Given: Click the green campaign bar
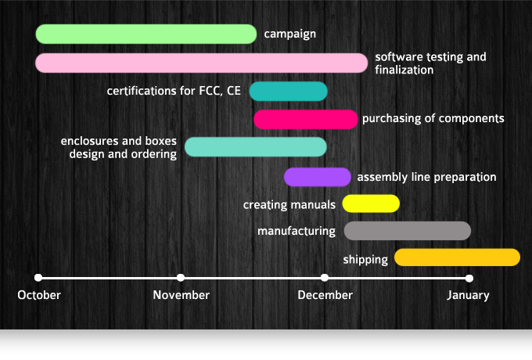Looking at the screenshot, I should click(146, 34).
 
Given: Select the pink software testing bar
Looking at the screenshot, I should click(201, 63).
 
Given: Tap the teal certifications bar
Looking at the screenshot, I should click(288, 91).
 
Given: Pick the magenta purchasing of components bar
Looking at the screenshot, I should click(306, 119).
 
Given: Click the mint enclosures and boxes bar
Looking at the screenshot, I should click(255, 146).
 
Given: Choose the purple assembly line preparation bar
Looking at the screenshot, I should click(317, 177).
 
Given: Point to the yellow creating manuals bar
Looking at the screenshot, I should click(371, 203).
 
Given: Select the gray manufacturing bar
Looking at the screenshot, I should click(407, 231).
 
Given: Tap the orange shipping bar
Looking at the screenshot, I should click(457, 257).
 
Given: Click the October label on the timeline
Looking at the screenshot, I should click(39, 295).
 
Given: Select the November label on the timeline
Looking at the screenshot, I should click(181, 295).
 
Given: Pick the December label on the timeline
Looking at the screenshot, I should click(325, 295).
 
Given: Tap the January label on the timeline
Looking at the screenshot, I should click(468, 295).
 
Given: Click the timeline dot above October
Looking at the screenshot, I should click(38, 277).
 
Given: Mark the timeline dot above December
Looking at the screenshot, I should click(325, 277).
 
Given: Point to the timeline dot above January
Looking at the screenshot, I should click(469, 277).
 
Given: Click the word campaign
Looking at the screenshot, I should click(289, 34).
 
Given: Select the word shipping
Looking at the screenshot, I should click(365, 259).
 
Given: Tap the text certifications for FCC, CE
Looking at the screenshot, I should click(174, 91).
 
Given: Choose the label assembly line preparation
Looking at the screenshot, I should click(426, 178).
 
